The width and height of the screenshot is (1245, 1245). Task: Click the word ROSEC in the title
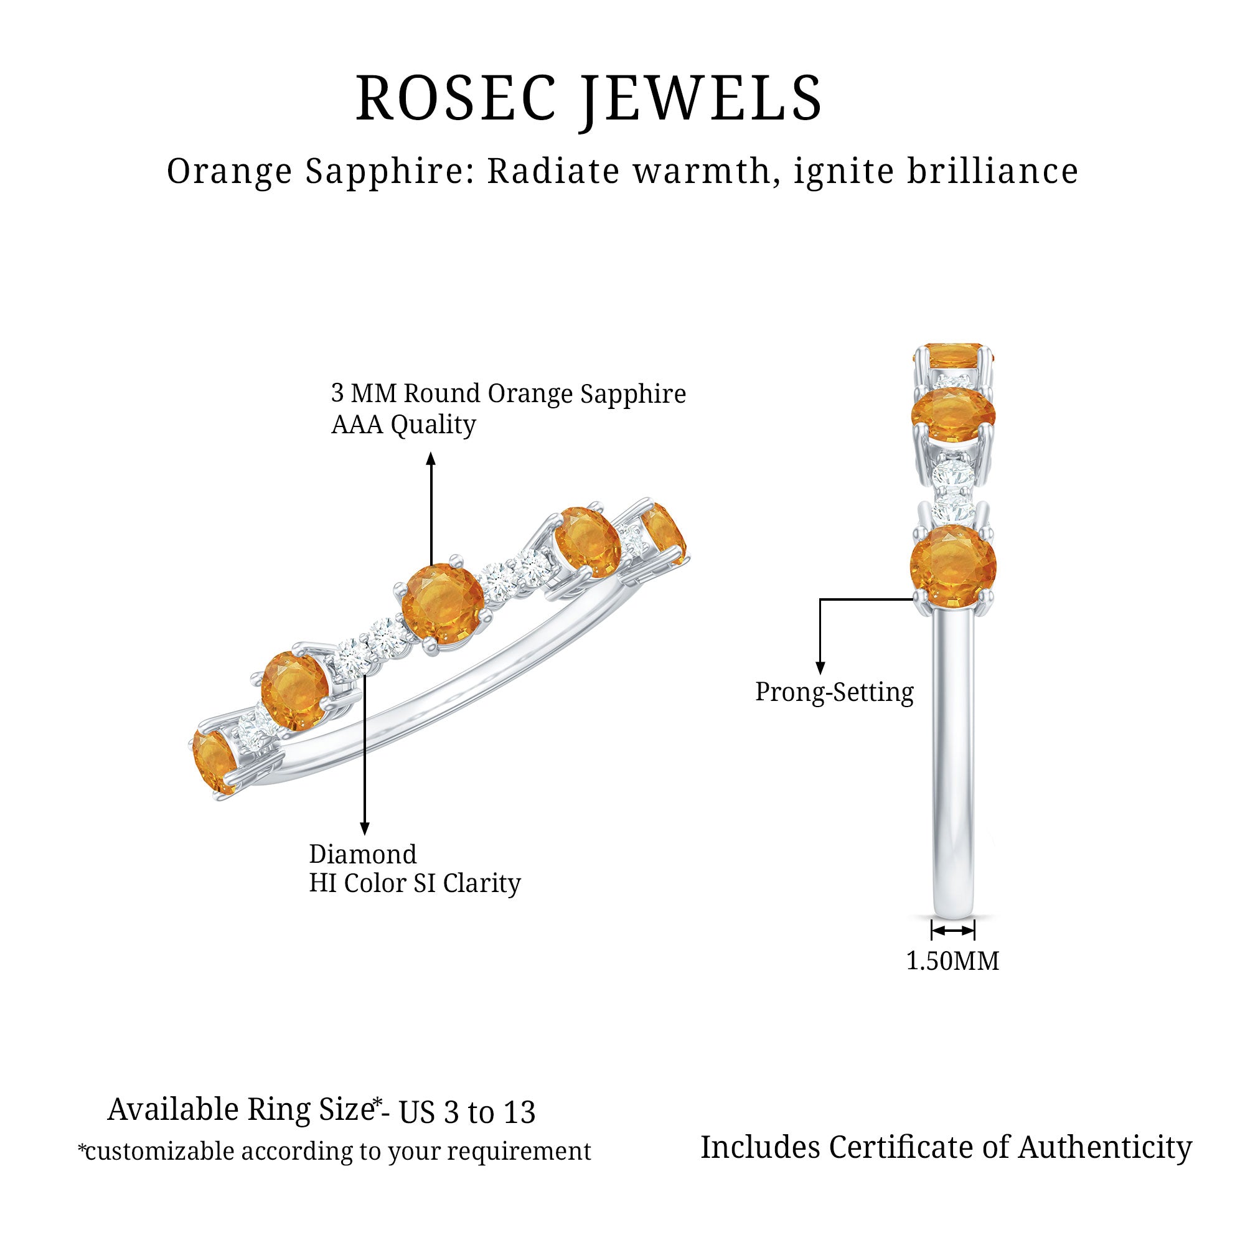[x=456, y=98]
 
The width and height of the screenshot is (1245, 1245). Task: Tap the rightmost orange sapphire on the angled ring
[x=664, y=534]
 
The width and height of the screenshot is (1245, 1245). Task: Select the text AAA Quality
[x=403, y=425]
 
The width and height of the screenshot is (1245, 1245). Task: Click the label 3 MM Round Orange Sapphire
[x=509, y=394]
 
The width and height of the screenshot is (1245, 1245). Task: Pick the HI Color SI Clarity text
[x=415, y=883]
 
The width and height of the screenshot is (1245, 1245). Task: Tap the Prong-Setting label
[x=834, y=693]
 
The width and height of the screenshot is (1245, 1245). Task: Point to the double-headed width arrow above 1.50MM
[x=953, y=931]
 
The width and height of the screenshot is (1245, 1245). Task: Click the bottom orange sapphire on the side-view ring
[x=953, y=566]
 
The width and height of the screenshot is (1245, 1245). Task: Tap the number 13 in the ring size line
[x=519, y=1113]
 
